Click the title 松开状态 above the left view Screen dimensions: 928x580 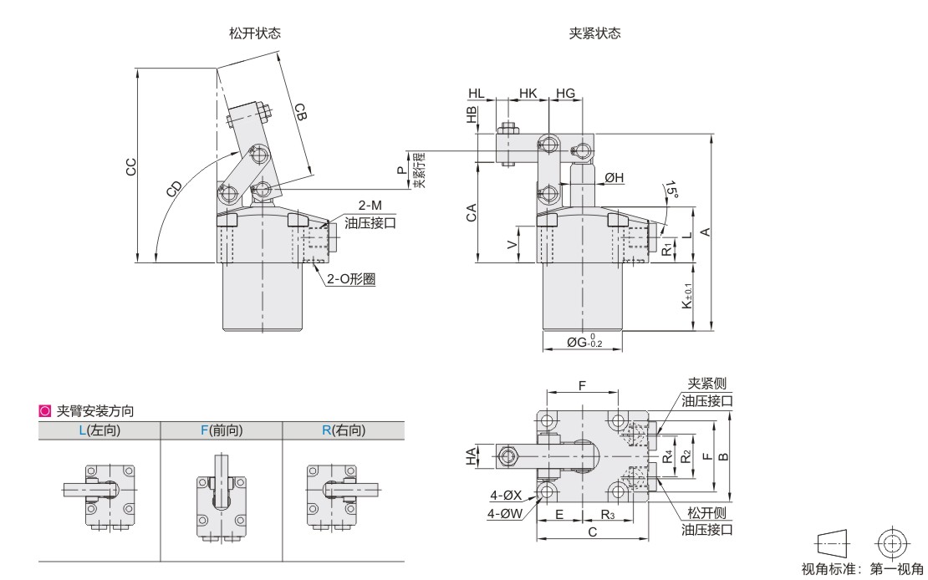point(254,33)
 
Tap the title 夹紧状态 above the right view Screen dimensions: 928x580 point(594,33)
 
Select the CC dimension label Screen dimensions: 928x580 point(130,167)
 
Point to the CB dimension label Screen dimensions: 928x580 point(301,112)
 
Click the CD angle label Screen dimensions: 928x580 point(174,188)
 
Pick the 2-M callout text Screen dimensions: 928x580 point(370,206)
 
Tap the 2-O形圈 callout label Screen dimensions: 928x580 point(351,279)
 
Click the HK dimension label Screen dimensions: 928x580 point(528,93)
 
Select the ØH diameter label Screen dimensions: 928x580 point(614,177)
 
